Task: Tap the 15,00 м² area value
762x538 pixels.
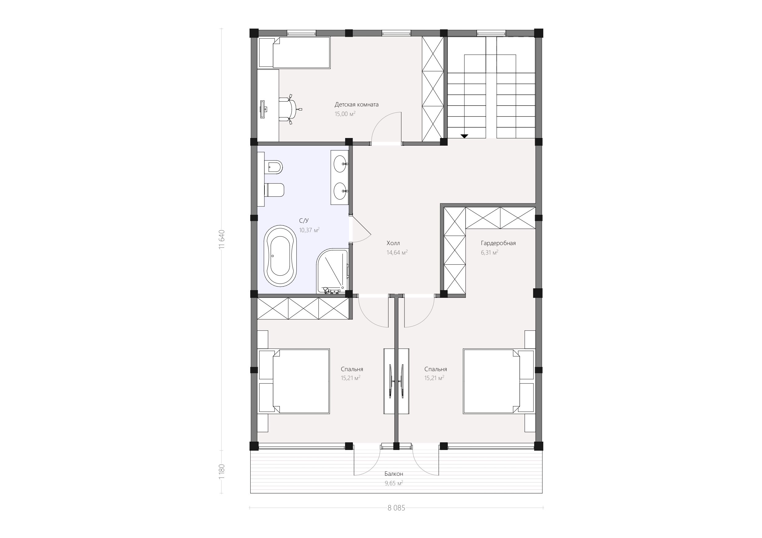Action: [345, 114]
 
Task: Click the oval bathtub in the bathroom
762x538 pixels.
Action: [280, 256]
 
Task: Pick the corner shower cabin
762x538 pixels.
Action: [332, 271]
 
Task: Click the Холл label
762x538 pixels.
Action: [393, 243]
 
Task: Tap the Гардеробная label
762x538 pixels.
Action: [498, 243]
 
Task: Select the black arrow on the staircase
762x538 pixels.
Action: [464, 136]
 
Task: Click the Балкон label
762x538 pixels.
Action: [394, 474]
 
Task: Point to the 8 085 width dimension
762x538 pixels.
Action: [396, 508]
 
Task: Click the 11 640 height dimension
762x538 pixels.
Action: [222, 239]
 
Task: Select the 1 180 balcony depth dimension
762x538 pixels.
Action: [222, 471]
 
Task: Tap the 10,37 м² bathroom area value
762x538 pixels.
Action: [309, 230]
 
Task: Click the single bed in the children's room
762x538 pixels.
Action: [294, 53]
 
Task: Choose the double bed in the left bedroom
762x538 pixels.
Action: [294, 381]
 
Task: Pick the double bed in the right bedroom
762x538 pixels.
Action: [498, 381]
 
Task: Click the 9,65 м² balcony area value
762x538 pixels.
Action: [394, 483]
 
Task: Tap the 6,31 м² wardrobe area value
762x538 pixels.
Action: [490, 252]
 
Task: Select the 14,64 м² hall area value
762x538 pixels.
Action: [397, 252]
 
